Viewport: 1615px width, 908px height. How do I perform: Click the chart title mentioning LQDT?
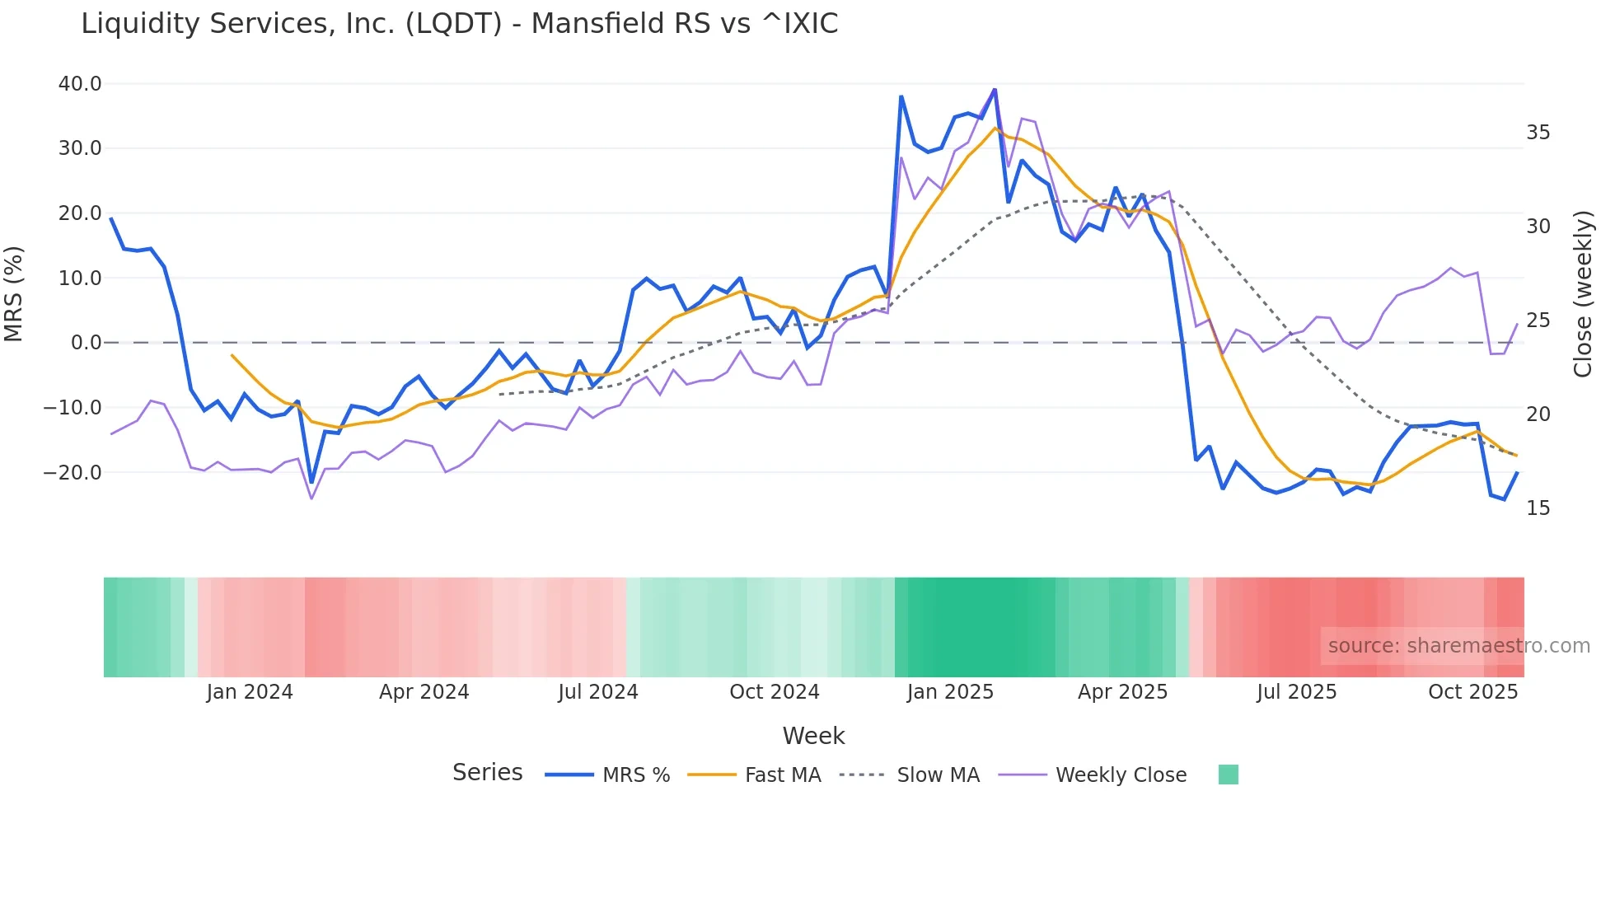459,24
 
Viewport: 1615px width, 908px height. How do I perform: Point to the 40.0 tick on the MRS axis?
80,84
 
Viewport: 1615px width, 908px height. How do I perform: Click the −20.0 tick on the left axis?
73,473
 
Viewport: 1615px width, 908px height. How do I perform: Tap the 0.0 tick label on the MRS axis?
87,343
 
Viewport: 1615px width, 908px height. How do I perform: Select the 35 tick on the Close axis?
1538,133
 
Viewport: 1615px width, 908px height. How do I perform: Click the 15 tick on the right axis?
1538,508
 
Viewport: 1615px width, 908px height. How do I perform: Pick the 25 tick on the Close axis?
1538,321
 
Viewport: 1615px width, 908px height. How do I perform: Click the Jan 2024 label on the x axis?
250,692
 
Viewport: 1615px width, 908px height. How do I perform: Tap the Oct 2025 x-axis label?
1472,692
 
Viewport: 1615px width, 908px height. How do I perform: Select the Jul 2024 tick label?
598,692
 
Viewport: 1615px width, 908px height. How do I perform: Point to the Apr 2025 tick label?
1122,692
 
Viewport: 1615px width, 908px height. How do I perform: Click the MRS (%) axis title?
14,294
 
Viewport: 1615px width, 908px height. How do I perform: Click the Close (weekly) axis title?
1582,294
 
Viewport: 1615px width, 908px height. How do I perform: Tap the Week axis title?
813,736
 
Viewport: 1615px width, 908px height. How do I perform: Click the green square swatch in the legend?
1228,775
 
